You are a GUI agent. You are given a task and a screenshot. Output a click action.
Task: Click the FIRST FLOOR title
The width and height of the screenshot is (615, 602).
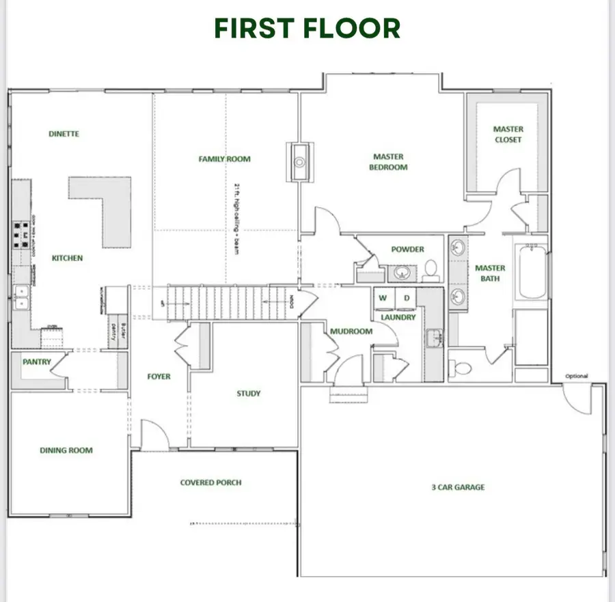click(x=307, y=28)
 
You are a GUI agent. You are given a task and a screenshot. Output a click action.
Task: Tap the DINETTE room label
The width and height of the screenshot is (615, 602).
click(x=64, y=134)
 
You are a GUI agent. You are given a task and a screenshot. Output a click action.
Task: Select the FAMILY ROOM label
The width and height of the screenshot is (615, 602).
click(x=224, y=159)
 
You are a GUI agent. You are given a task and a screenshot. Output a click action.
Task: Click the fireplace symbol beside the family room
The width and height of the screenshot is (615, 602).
click(x=299, y=162)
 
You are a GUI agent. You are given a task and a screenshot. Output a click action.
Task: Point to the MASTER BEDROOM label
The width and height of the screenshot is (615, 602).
click(x=388, y=162)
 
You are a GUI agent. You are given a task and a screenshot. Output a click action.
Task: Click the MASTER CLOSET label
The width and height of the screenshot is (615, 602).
click(x=508, y=134)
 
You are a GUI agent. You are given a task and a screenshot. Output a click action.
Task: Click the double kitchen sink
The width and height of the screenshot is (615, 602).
click(x=21, y=298)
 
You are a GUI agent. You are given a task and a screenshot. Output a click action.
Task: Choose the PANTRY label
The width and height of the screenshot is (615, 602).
click(x=36, y=362)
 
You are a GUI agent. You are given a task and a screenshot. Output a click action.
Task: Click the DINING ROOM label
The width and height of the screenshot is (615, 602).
click(x=66, y=450)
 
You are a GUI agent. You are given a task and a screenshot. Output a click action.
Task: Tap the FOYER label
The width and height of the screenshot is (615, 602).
click(x=159, y=377)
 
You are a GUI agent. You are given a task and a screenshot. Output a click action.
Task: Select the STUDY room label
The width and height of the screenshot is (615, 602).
click(x=248, y=394)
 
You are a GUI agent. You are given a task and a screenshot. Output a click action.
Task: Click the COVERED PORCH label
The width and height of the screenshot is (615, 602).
click(x=210, y=482)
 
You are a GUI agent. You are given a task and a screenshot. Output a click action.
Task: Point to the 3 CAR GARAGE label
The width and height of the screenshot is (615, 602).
click(x=458, y=487)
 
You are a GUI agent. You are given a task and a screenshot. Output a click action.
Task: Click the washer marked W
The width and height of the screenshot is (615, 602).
click(x=383, y=298)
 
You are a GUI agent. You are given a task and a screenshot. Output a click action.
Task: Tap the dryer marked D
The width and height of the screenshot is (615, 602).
click(x=405, y=298)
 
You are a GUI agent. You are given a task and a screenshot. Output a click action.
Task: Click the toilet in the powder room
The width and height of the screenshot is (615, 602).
click(x=431, y=270)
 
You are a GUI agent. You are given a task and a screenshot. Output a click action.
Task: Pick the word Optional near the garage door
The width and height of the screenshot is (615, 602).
click(x=576, y=377)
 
